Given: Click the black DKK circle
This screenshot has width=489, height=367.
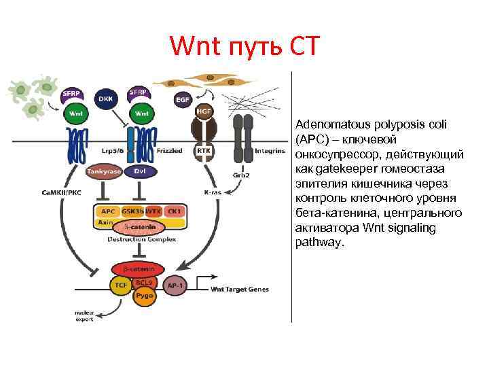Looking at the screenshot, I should pos(105,98).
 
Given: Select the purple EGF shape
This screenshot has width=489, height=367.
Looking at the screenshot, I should pos(182,99).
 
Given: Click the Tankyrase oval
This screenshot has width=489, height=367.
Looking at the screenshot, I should pos(104,172).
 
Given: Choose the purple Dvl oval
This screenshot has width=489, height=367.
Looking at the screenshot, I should pos(141,172).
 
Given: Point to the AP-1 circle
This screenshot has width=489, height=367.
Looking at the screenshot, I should pos(175,286).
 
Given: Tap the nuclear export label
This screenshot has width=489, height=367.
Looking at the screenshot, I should pos(84,316).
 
